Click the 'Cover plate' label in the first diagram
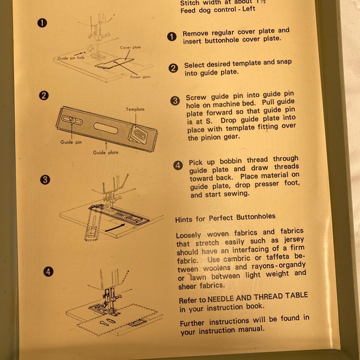tap(130, 48)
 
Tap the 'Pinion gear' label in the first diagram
tap(140, 77)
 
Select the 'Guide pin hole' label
tap(71, 58)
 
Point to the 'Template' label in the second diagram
tap(135, 109)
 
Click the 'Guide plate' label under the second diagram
tap(106, 153)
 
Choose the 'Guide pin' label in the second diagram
tap(71, 142)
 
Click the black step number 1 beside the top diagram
tap(42, 23)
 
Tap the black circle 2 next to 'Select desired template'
tap(173, 68)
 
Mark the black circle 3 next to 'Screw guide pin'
tap(175, 101)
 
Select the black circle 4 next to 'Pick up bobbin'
tap(178, 165)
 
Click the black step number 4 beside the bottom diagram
tap(48, 272)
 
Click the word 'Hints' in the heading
tap(184, 220)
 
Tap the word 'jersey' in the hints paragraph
tap(294, 240)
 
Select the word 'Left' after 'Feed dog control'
tap(249, 9)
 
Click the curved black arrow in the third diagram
tap(115, 227)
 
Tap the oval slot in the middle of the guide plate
tap(106, 128)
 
